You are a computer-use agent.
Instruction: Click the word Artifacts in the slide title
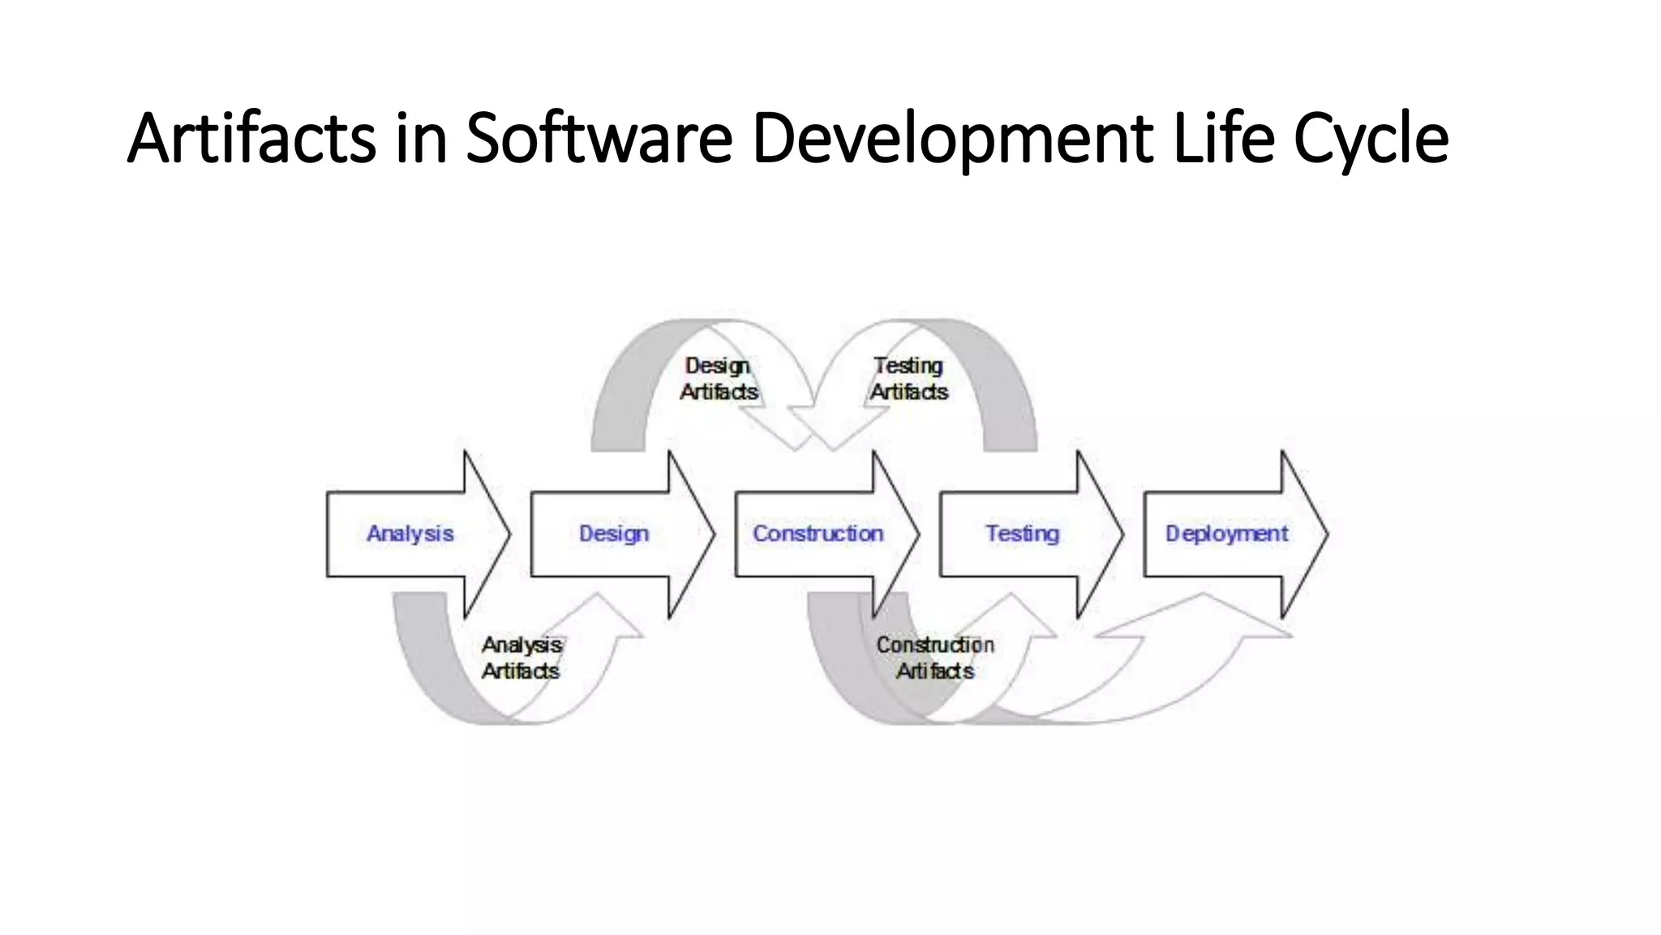pyautogui.click(x=251, y=138)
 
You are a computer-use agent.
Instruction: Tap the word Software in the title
pyautogui.click(x=599, y=138)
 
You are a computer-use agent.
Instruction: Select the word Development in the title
pyautogui.click(x=952, y=138)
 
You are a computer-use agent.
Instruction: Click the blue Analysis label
pyautogui.click(x=410, y=533)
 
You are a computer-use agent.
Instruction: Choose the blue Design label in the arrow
pyautogui.click(x=614, y=533)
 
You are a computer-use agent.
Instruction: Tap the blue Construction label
pyautogui.click(x=818, y=533)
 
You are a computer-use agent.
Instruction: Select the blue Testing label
pyautogui.click(x=1022, y=533)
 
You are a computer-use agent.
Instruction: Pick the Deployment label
pyautogui.click(x=1226, y=533)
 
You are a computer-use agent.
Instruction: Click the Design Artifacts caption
pyautogui.click(x=718, y=379)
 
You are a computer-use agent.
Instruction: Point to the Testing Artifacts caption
pyautogui.click(x=908, y=379)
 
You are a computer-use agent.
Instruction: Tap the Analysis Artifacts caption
pyautogui.click(x=521, y=657)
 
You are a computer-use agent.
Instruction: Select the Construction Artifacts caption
pyautogui.click(x=934, y=657)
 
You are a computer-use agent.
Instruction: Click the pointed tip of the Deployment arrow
pyautogui.click(x=1324, y=534)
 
